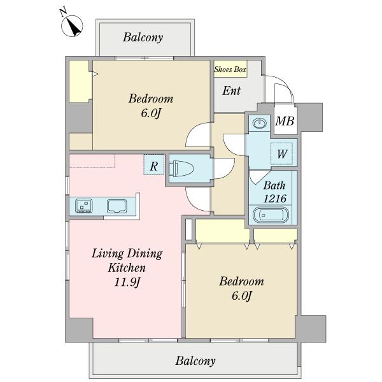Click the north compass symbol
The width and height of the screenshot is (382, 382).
click(x=71, y=26)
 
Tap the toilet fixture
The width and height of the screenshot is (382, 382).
click(x=181, y=168)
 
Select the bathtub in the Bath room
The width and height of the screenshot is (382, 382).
click(x=271, y=215)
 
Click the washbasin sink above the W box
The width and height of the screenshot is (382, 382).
click(x=260, y=124)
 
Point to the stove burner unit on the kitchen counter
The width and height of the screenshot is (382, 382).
click(x=84, y=206)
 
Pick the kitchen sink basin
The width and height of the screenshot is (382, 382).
click(x=117, y=206)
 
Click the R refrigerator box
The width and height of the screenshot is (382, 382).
click(x=153, y=164)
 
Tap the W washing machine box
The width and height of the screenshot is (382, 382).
click(x=281, y=153)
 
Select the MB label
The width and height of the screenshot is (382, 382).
click(x=285, y=121)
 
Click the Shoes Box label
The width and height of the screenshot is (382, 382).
click(x=230, y=69)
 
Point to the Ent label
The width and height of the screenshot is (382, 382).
click(x=232, y=90)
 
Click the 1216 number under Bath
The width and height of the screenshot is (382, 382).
click(x=275, y=199)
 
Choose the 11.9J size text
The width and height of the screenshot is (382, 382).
click(x=127, y=282)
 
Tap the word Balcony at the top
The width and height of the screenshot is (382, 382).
click(x=143, y=38)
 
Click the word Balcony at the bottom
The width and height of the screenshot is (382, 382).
click(x=195, y=361)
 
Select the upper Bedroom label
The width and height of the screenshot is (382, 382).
click(x=151, y=99)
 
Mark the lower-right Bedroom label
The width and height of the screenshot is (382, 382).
click(x=241, y=281)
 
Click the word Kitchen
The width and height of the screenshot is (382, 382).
click(x=127, y=268)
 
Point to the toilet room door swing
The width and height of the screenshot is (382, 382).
click(x=224, y=168)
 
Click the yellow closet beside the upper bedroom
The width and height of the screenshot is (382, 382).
click(x=79, y=81)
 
